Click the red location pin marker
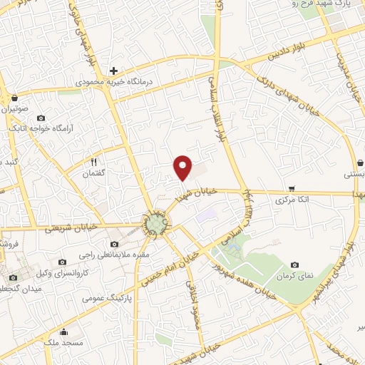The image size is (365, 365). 183,168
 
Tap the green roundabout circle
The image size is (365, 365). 154,225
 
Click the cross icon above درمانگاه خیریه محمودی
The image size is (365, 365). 113,70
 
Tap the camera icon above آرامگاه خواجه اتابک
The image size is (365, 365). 41,118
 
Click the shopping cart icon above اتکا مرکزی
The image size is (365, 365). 292,189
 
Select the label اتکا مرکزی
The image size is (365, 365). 293,201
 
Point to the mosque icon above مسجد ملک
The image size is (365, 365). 64,331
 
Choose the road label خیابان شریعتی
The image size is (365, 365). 68,230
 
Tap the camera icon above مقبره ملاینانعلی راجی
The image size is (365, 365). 115,244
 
